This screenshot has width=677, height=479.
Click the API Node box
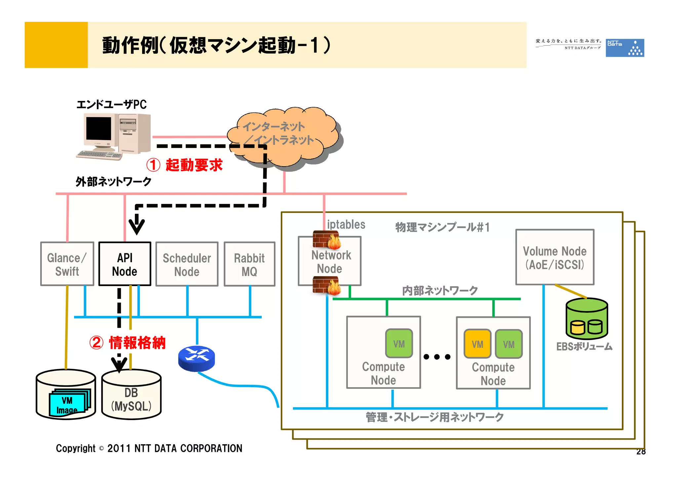(125, 264)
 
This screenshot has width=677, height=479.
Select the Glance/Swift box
(67, 264)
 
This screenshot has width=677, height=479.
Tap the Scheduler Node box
(187, 264)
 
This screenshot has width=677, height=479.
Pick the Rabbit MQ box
(249, 264)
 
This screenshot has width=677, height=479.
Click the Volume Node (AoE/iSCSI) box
(555, 257)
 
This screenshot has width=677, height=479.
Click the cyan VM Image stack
(69, 402)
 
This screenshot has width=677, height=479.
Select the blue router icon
(196, 358)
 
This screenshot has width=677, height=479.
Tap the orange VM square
(477, 344)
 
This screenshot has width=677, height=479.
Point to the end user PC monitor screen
(99, 129)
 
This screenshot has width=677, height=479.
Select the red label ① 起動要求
(185, 165)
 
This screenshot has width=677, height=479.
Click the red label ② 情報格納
(128, 343)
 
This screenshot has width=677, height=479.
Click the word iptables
(346, 224)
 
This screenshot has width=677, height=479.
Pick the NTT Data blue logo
(624, 48)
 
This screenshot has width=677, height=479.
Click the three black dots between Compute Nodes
(437, 357)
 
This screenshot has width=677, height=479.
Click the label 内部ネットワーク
(440, 290)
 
